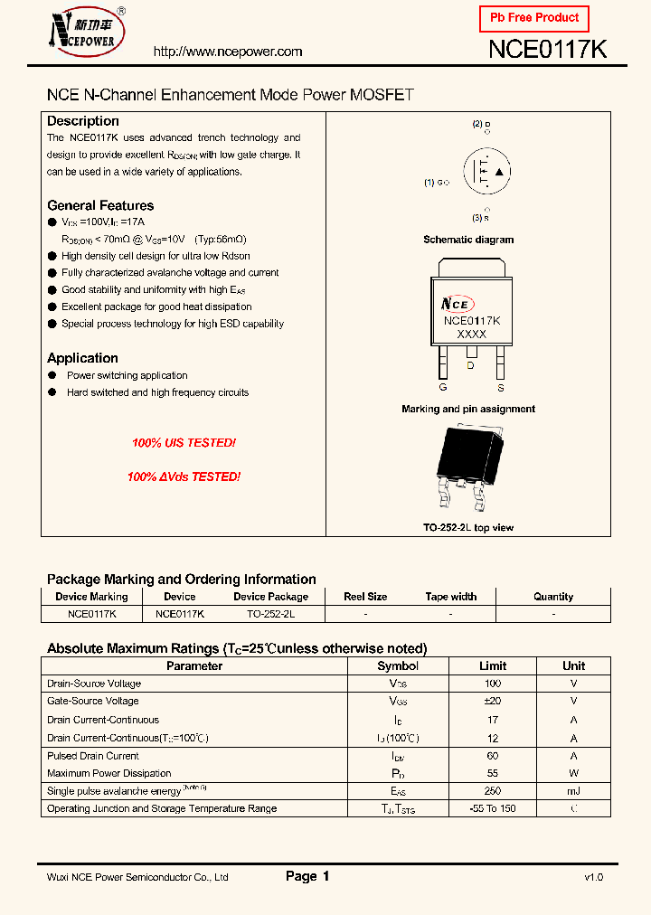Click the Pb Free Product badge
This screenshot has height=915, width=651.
click(533, 18)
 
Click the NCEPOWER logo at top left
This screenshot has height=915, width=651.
click(87, 33)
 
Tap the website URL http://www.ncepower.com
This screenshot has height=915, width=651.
click(228, 52)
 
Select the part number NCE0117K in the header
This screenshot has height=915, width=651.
click(547, 51)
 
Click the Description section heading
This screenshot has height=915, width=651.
click(83, 121)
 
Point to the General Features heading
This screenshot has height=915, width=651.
click(100, 205)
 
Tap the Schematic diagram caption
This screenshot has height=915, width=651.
click(468, 240)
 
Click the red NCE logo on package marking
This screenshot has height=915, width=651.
click(458, 305)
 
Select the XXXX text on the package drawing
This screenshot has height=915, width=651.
click(471, 335)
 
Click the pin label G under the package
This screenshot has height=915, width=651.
click(443, 387)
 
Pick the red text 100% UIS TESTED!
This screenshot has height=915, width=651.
click(184, 443)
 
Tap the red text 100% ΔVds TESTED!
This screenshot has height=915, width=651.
click(184, 476)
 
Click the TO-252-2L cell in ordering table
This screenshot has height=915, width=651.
click(270, 613)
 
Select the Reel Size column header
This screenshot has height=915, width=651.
click(365, 597)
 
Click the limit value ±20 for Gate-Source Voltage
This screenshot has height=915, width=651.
click(493, 701)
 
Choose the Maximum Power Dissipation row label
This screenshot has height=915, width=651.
click(108, 773)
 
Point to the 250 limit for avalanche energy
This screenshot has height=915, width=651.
click(493, 791)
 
